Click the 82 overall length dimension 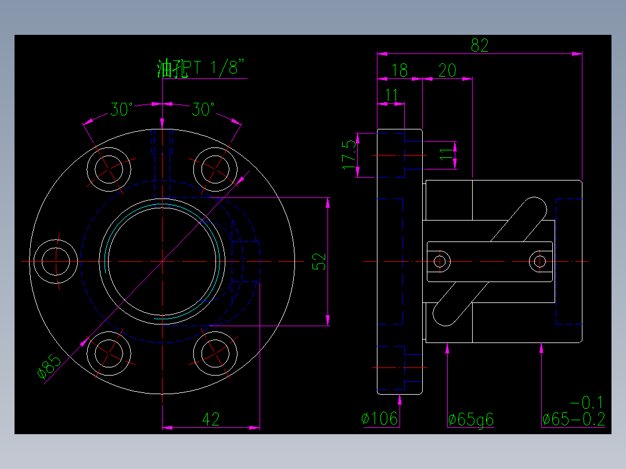480,45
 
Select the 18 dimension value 400,71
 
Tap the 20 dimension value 447,71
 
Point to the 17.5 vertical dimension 349,154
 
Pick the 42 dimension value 211,419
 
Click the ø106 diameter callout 379,419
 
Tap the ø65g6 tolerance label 470,419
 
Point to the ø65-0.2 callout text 573,419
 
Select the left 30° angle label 123,109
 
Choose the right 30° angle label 204,109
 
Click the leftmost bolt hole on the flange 56,262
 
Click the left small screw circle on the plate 440,261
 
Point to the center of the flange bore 162,262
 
